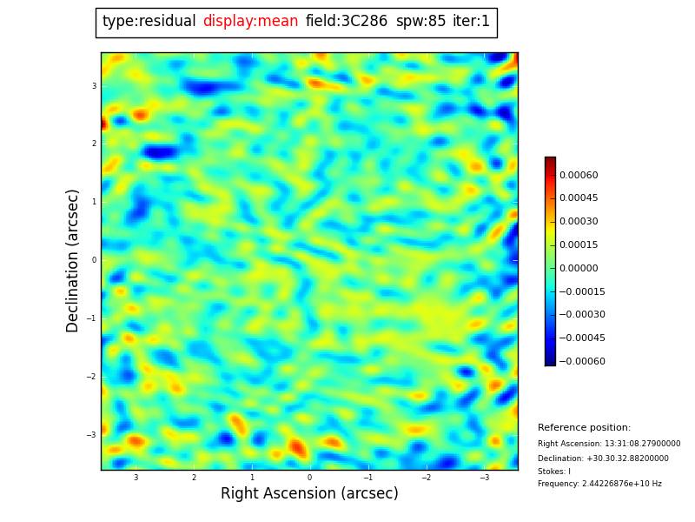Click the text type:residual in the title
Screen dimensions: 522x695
(149, 22)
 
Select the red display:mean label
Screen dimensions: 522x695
(250, 22)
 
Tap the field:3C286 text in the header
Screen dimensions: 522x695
(347, 22)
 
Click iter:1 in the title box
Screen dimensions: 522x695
(471, 22)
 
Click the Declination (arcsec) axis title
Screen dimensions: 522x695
(74, 260)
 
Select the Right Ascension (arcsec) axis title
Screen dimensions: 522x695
(309, 494)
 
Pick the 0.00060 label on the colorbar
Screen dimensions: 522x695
(579, 175)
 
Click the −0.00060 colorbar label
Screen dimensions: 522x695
(581, 361)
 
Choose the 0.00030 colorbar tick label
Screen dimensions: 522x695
(579, 222)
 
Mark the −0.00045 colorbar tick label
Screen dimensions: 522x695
(581, 338)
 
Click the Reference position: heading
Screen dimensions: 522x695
(584, 428)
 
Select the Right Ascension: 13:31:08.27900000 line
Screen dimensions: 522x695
(608, 444)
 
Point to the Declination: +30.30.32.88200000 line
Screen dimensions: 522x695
(603, 458)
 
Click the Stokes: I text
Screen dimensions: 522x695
(554, 472)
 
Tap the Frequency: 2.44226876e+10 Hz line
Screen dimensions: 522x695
(599, 484)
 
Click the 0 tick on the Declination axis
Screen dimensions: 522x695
(93, 260)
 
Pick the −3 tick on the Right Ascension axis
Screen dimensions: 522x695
(484, 478)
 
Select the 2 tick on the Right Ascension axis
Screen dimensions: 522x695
(194, 478)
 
